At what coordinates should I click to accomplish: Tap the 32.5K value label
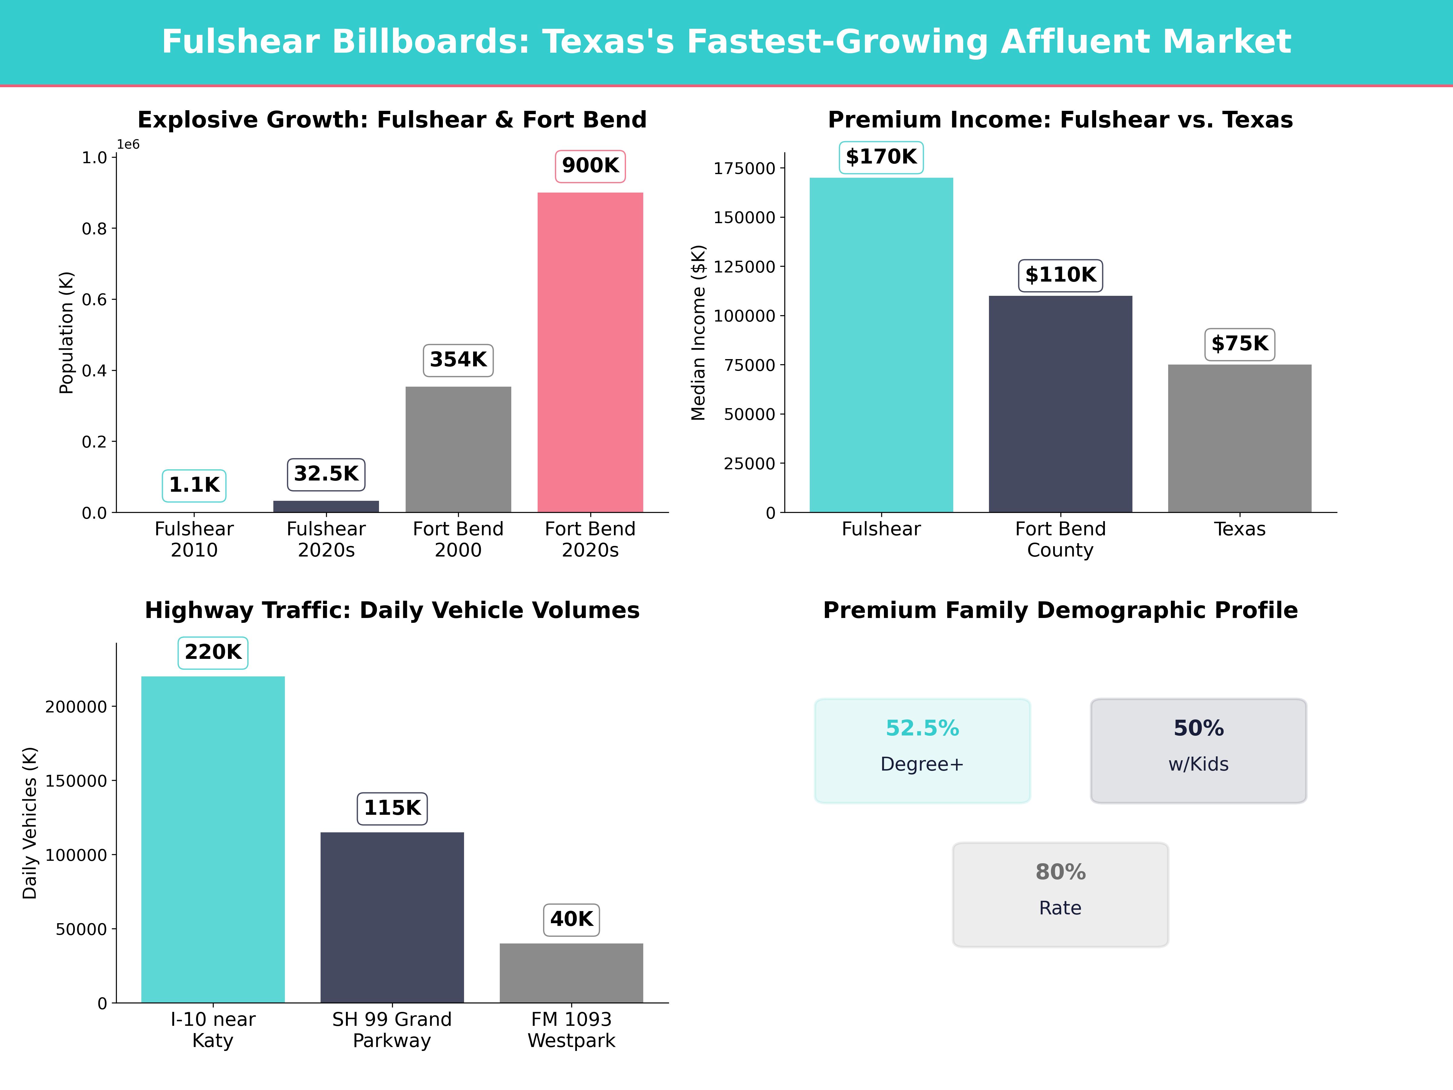(x=326, y=474)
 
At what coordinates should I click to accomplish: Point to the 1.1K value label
(x=194, y=485)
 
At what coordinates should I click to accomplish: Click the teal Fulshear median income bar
(x=881, y=345)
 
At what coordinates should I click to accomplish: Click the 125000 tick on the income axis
(x=744, y=267)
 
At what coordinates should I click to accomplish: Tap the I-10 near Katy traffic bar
(x=213, y=839)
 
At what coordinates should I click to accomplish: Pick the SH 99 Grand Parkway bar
(x=392, y=917)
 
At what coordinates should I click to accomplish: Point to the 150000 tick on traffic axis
(x=76, y=781)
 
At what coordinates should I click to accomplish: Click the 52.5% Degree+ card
(x=922, y=750)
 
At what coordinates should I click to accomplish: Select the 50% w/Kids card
(x=1198, y=750)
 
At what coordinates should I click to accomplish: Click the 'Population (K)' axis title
(x=66, y=332)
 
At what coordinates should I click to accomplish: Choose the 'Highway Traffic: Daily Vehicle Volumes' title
(x=392, y=610)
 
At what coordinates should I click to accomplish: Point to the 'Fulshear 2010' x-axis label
(x=194, y=540)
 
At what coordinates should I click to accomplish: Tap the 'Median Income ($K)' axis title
(x=698, y=332)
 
